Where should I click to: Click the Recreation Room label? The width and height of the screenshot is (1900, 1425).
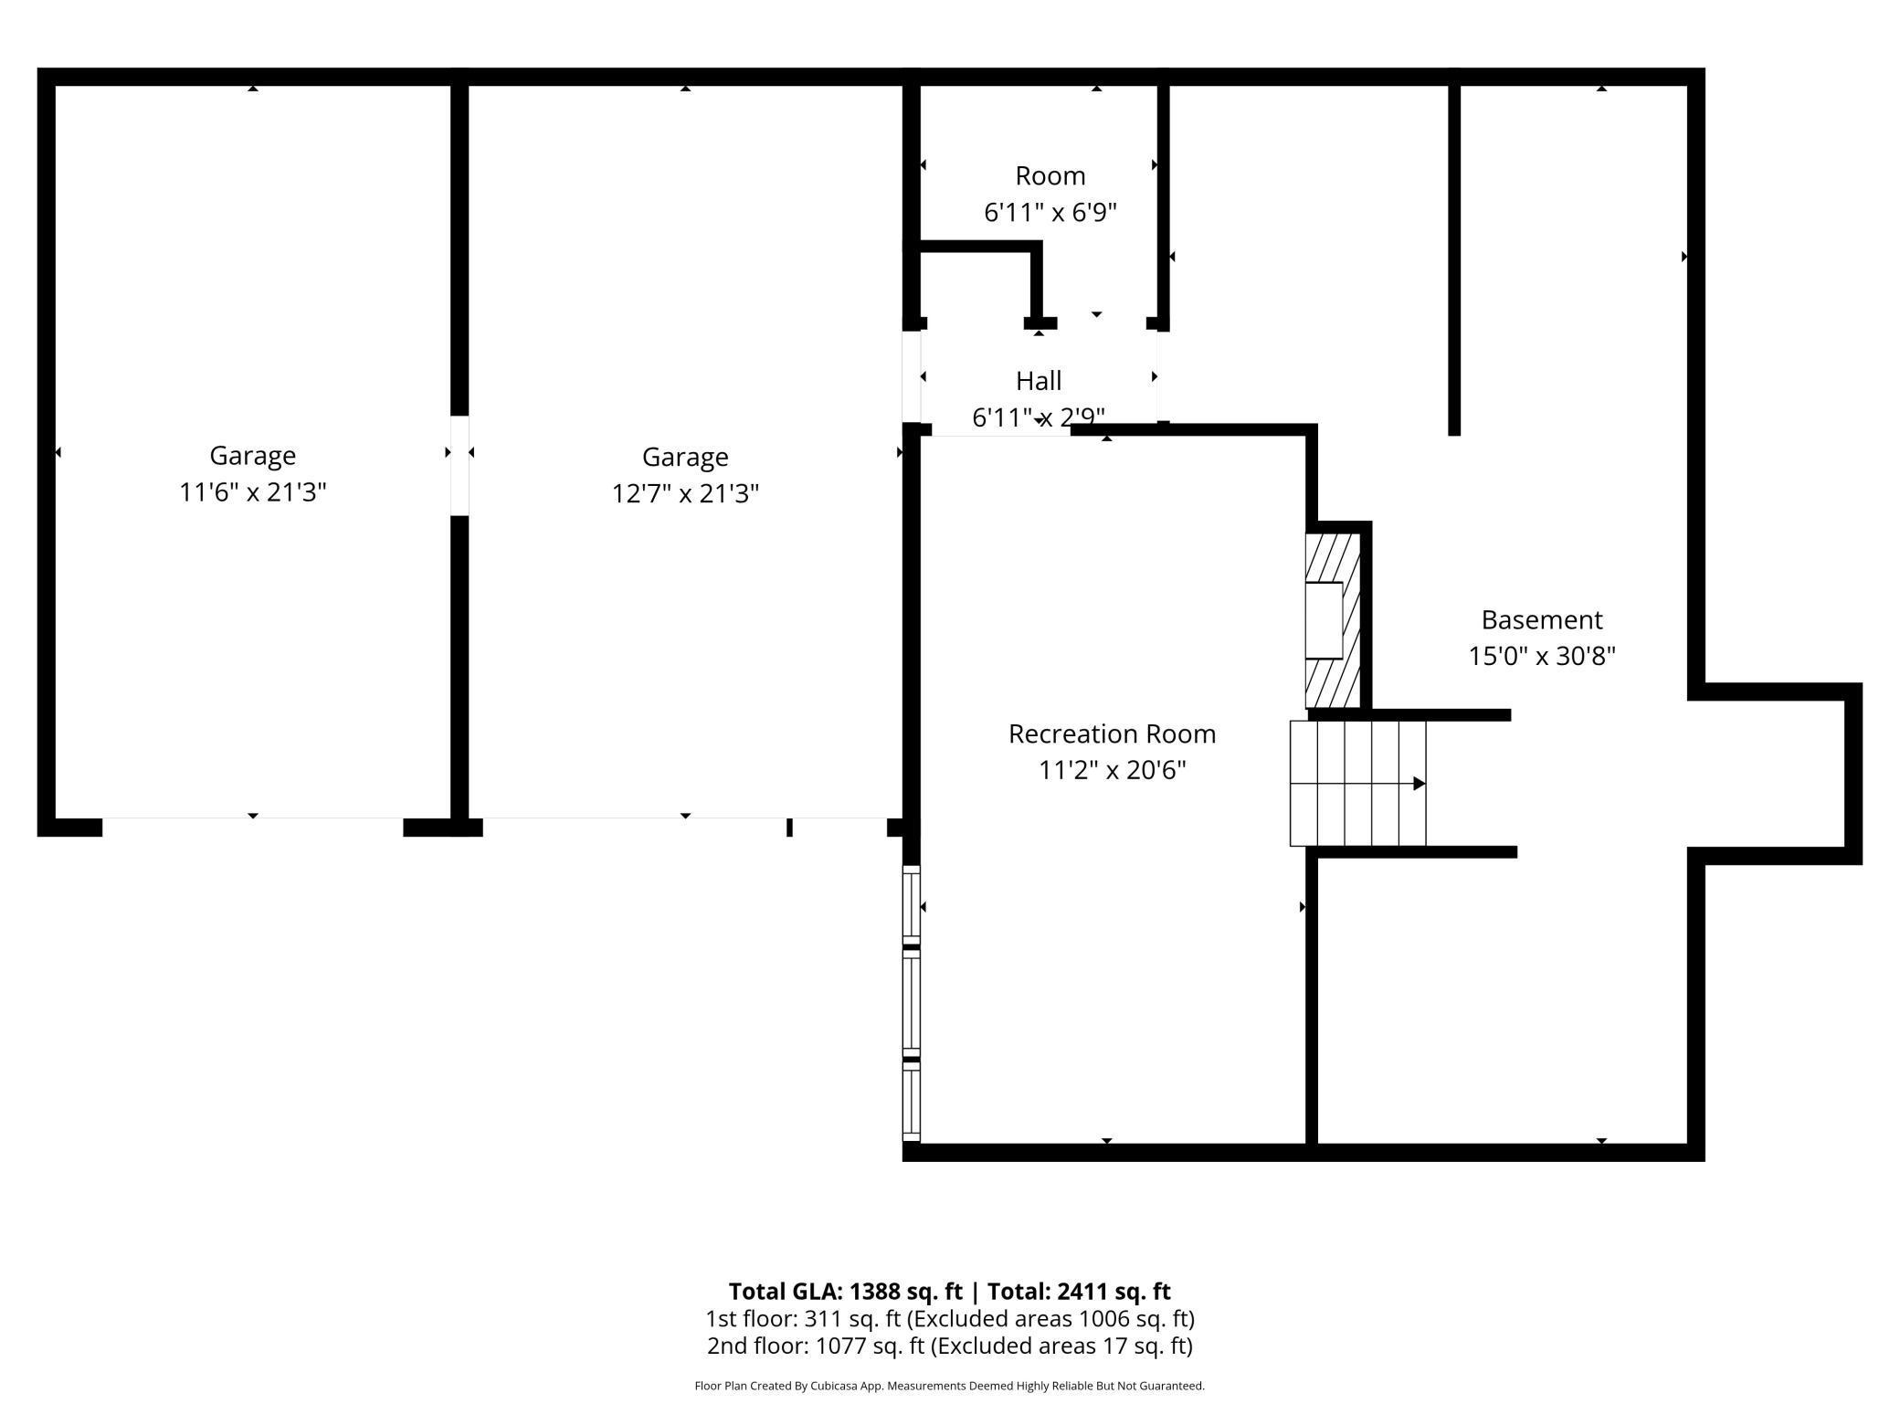[1112, 734]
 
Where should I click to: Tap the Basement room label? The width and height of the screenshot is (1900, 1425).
[1541, 620]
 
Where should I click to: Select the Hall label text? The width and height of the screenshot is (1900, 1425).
[1039, 380]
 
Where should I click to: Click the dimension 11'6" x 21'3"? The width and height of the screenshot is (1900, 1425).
[253, 492]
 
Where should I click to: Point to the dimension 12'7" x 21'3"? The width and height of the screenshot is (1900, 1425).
[685, 494]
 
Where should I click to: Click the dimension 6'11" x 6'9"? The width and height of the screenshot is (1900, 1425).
[1050, 213]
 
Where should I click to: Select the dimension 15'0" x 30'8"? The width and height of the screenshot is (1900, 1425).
[1541, 657]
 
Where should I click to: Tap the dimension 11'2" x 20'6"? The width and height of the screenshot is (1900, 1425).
[1112, 771]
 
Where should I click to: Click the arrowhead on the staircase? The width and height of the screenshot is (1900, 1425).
[1419, 784]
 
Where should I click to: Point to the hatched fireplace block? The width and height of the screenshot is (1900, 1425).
[1334, 620]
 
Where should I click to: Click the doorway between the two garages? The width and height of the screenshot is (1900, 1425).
[459, 466]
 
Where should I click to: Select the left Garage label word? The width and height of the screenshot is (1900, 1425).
[253, 455]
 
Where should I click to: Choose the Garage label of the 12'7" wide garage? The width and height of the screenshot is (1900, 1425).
[685, 457]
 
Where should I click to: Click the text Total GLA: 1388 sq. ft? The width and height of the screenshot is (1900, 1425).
[845, 1292]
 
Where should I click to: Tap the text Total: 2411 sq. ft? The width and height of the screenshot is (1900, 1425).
[1078, 1292]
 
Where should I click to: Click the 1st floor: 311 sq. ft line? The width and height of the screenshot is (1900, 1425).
[949, 1319]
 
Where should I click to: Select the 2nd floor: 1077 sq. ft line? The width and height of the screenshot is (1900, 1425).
[949, 1346]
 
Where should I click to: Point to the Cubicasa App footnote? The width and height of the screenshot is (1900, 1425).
[949, 1386]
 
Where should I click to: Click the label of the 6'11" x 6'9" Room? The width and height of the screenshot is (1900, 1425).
[1050, 175]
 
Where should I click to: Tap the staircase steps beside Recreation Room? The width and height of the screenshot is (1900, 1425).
[1357, 784]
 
